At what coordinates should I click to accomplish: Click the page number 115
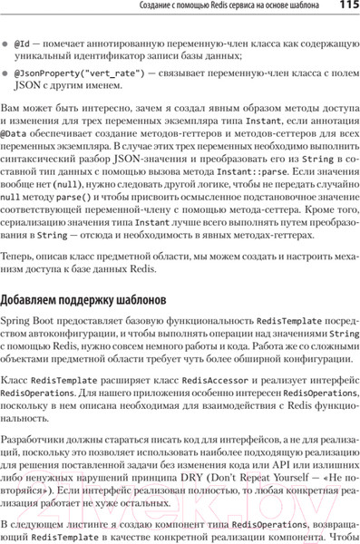click(x=345, y=7)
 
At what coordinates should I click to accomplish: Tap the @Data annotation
click(x=13, y=133)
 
